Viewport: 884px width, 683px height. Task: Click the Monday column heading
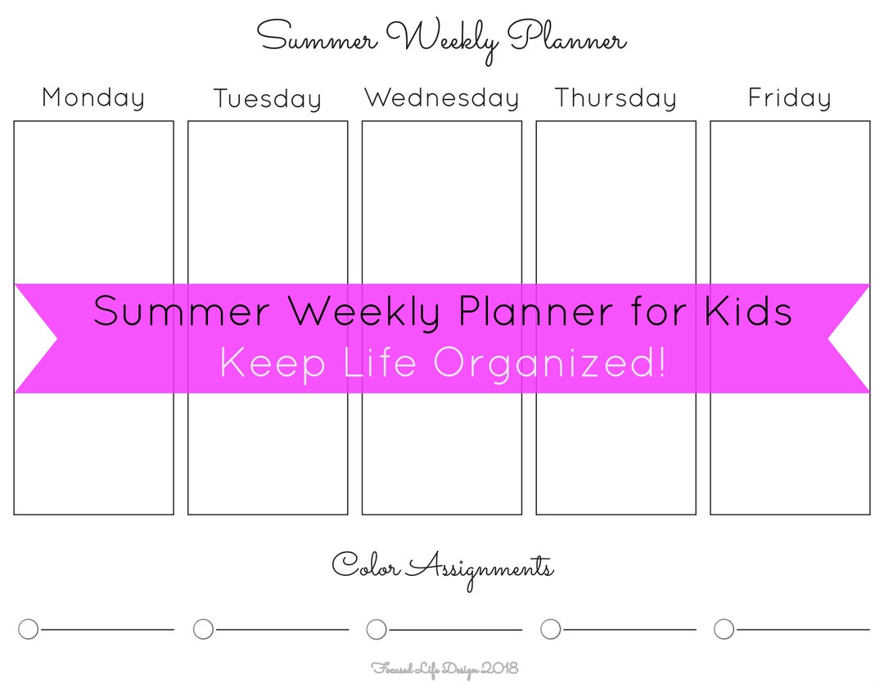click(93, 97)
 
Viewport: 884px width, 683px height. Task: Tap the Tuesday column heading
click(268, 99)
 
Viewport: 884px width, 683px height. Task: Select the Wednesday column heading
click(442, 98)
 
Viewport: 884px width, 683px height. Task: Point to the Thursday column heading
click(616, 98)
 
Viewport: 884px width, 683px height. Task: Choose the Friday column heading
click(790, 98)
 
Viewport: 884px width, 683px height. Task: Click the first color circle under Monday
click(28, 629)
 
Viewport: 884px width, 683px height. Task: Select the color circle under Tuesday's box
click(203, 629)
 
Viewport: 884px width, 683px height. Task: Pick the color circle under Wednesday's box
click(377, 629)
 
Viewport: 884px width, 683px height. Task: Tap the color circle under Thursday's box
click(551, 629)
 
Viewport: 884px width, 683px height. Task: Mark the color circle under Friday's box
click(724, 629)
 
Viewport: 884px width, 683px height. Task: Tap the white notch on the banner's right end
click(851, 339)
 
